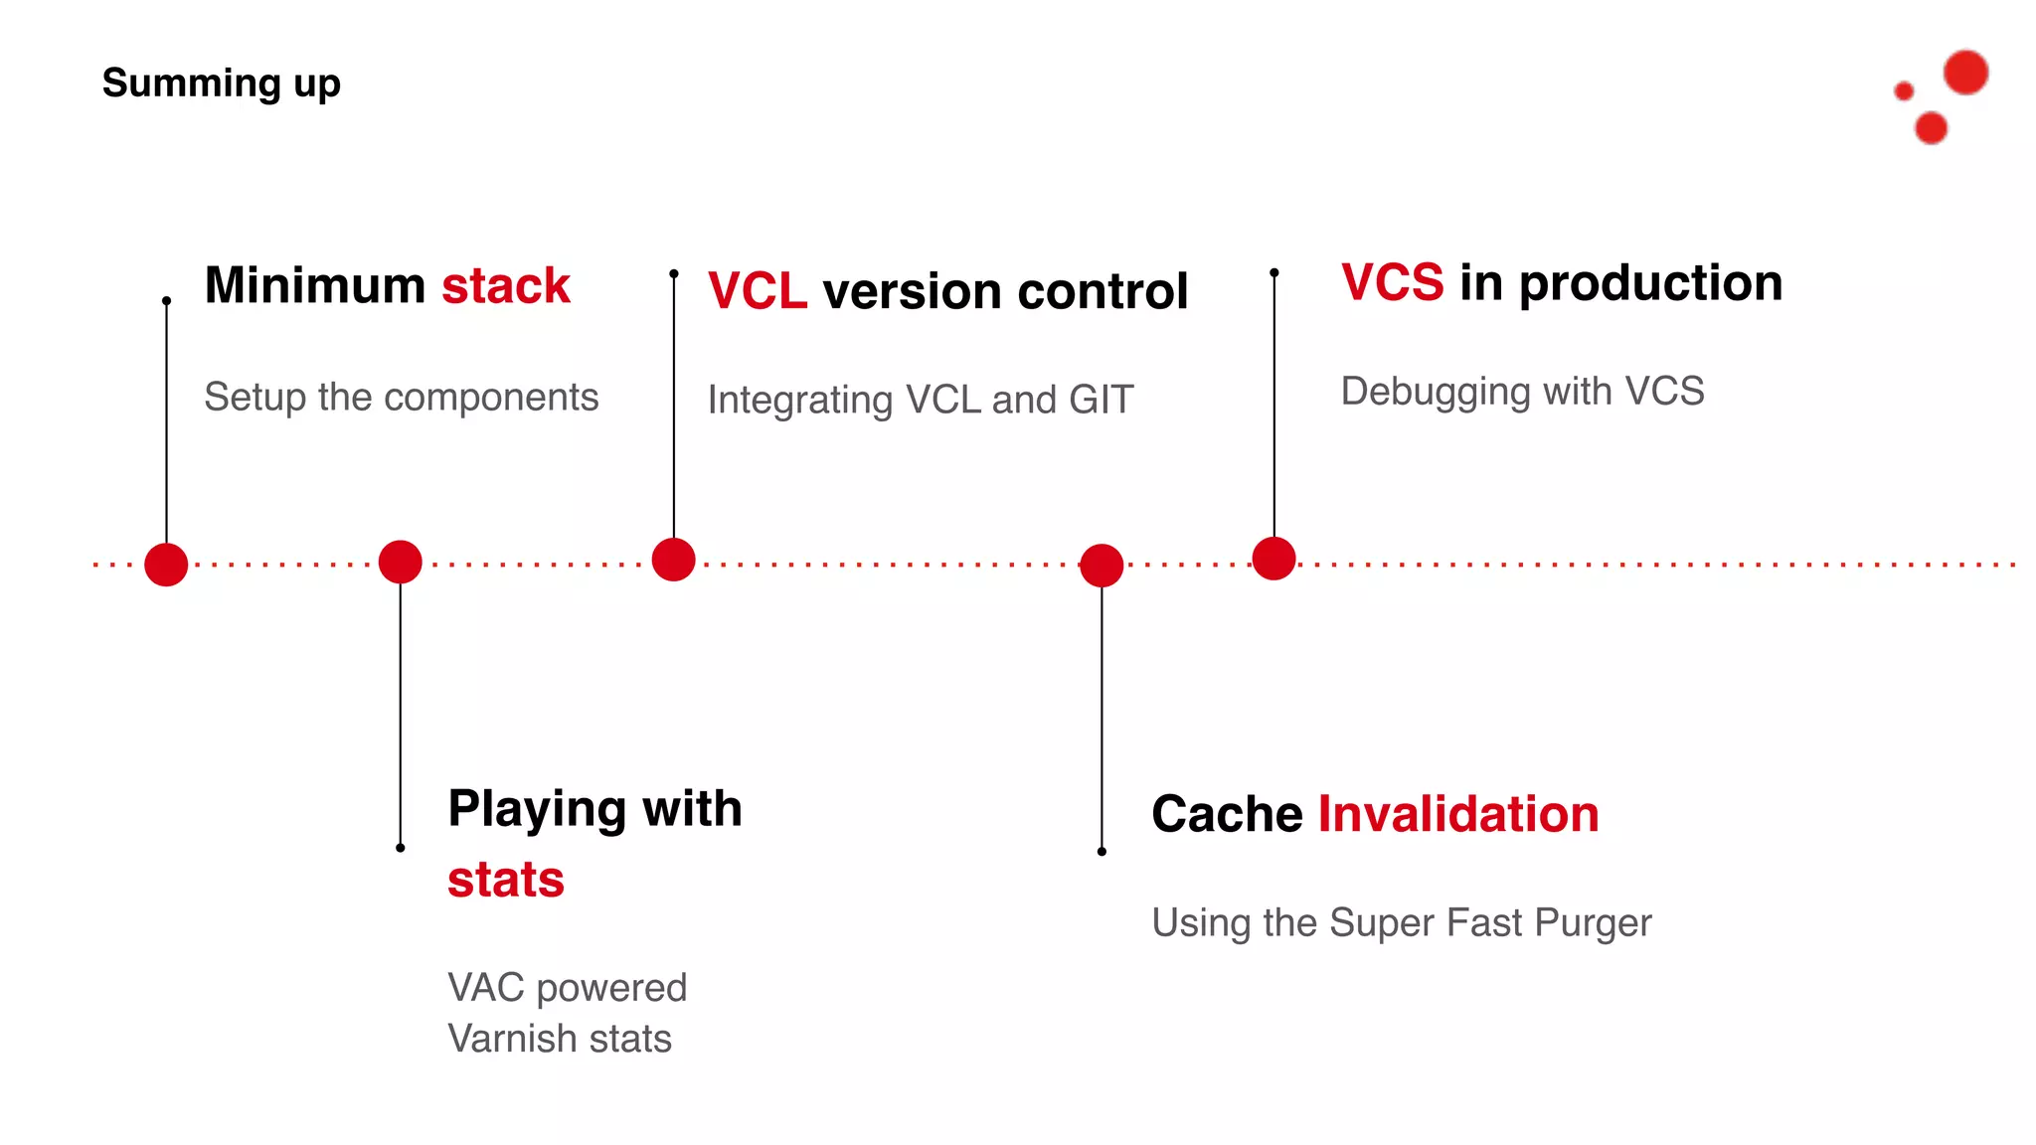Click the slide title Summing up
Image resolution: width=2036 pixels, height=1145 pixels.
pyautogui.click(x=221, y=83)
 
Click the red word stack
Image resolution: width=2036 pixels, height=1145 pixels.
pyautogui.click(x=505, y=286)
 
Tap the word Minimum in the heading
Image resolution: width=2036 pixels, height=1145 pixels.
pyautogui.click(x=314, y=286)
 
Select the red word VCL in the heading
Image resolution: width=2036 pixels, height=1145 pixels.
pyautogui.click(x=757, y=292)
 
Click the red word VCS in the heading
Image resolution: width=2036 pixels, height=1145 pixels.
pyautogui.click(x=1392, y=283)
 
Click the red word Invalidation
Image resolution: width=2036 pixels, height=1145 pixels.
pyautogui.click(x=1457, y=815)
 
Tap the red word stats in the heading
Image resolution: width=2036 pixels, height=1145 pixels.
pyautogui.click(x=505, y=881)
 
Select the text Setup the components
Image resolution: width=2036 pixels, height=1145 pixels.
pyautogui.click(x=401, y=398)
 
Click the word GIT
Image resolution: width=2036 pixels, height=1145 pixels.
pyautogui.click(x=1101, y=401)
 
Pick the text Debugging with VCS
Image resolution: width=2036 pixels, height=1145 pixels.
pyautogui.click(x=1522, y=392)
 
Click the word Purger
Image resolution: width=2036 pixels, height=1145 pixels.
pyautogui.click(x=1593, y=923)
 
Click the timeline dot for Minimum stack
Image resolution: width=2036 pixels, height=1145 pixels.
pyautogui.click(x=166, y=565)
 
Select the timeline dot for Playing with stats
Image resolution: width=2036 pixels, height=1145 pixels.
pyautogui.click(x=400, y=563)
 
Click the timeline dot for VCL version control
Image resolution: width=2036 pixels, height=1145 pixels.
pyautogui.click(x=673, y=560)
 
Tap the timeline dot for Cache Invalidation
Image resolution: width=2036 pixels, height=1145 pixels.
pyautogui.click(x=1102, y=566)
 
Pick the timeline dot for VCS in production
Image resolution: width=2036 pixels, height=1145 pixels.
pyautogui.click(x=1273, y=558)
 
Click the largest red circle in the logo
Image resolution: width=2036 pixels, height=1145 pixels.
pyautogui.click(x=1965, y=73)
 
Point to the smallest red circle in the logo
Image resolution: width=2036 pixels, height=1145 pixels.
pyautogui.click(x=1904, y=91)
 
